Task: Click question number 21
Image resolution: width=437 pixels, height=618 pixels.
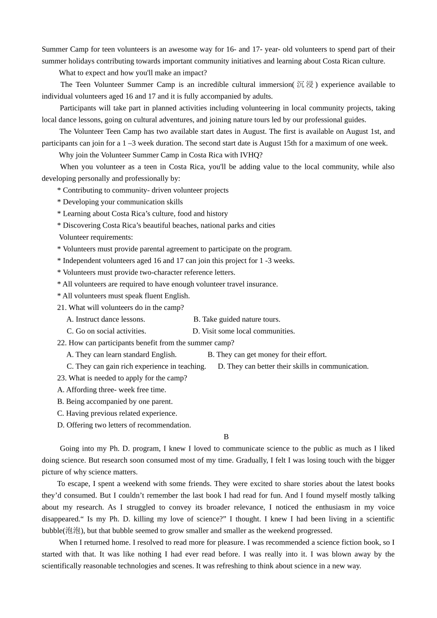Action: tap(62, 308)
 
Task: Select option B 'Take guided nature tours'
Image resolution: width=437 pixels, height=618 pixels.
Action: tap(236, 319)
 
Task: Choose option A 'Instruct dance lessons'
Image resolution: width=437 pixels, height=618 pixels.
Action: tap(106, 319)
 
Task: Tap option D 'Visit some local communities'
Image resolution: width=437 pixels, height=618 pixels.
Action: tap(244, 331)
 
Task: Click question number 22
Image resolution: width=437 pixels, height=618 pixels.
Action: tap(62, 343)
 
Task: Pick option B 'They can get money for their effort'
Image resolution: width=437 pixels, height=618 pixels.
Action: tap(267, 355)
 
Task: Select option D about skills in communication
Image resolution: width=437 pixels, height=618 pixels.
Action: tap(293, 366)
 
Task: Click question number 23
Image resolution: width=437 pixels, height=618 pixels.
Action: tap(62, 378)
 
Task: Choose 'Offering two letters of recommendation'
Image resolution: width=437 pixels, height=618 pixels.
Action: tap(124, 425)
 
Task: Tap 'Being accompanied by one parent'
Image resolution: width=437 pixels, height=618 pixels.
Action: tap(115, 401)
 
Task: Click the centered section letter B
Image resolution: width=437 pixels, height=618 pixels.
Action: tap(226, 437)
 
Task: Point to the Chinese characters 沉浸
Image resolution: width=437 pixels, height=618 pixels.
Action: tap(305, 85)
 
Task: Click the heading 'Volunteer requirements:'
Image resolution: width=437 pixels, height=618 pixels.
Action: tap(96, 237)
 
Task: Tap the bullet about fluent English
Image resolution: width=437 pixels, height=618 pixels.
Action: tap(123, 296)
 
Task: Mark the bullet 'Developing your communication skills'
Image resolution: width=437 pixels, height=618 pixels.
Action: tap(120, 202)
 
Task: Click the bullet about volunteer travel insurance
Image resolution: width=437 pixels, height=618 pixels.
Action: tap(167, 284)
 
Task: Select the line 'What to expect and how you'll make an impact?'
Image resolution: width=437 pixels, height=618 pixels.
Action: tap(133, 73)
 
